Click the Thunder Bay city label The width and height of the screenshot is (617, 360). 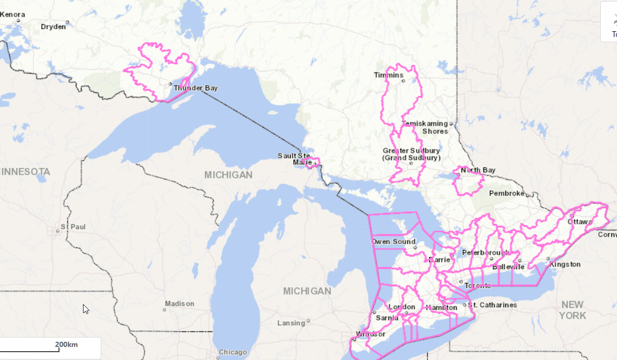(196, 88)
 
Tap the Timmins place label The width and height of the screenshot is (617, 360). (388, 76)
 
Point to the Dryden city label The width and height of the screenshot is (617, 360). (53, 27)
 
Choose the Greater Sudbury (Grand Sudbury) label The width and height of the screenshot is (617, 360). (411, 154)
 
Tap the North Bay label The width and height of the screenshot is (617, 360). (478, 171)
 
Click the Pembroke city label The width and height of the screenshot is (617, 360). (506, 194)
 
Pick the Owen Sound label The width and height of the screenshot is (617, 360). (394, 242)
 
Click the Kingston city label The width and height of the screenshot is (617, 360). (565, 265)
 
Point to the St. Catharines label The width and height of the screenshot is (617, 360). (492, 305)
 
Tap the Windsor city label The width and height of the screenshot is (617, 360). (371, 334)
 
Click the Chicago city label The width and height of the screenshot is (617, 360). (233, 352)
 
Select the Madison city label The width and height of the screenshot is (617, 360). (179, 304)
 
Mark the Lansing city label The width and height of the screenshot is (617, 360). (291, 323)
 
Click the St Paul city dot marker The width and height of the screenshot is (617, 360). (58, 230)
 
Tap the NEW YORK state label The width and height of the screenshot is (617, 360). (573, 310)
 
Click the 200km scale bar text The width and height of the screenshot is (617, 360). (66, 344)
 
